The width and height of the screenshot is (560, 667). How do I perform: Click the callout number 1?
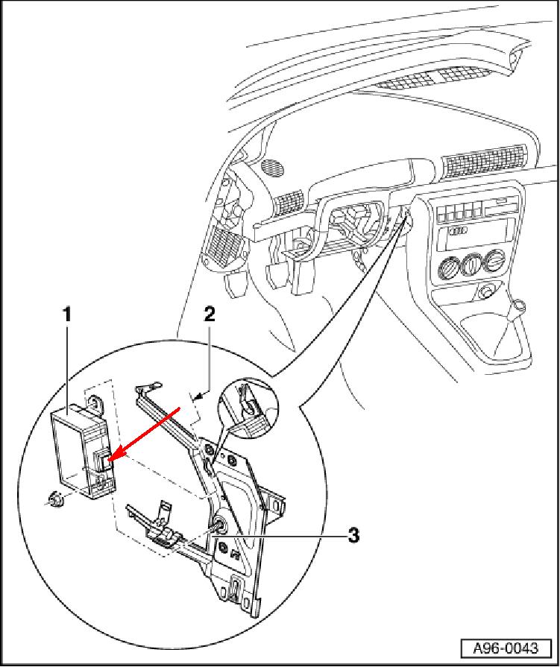click(x=67, y=314)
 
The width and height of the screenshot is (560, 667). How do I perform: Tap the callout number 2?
click(x=210, y=314)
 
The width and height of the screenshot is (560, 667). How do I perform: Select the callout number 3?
click(x=354, y=534)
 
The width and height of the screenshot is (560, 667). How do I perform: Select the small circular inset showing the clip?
click(x=246, y=409)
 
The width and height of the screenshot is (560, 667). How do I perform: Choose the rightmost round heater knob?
click(x=494, y=260)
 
